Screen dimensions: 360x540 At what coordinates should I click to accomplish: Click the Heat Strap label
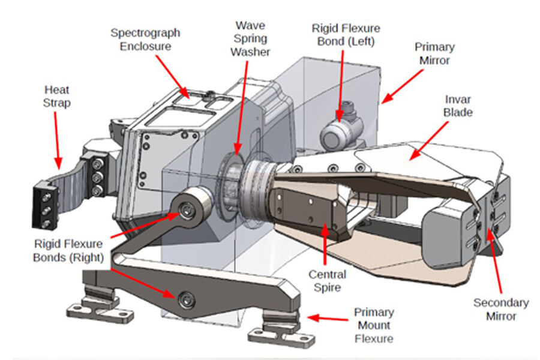coord(57,96)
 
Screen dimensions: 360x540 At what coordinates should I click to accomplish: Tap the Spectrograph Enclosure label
coord(145,39)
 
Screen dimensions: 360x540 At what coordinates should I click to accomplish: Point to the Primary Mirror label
coord(434,53)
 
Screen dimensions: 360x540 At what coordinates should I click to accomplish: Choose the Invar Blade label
coord(458,106)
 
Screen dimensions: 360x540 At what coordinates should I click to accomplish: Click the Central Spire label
coord(328,281)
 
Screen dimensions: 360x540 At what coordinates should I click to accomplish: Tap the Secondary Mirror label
coord(501,310)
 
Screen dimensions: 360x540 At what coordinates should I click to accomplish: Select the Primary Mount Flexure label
coord(373,325)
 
